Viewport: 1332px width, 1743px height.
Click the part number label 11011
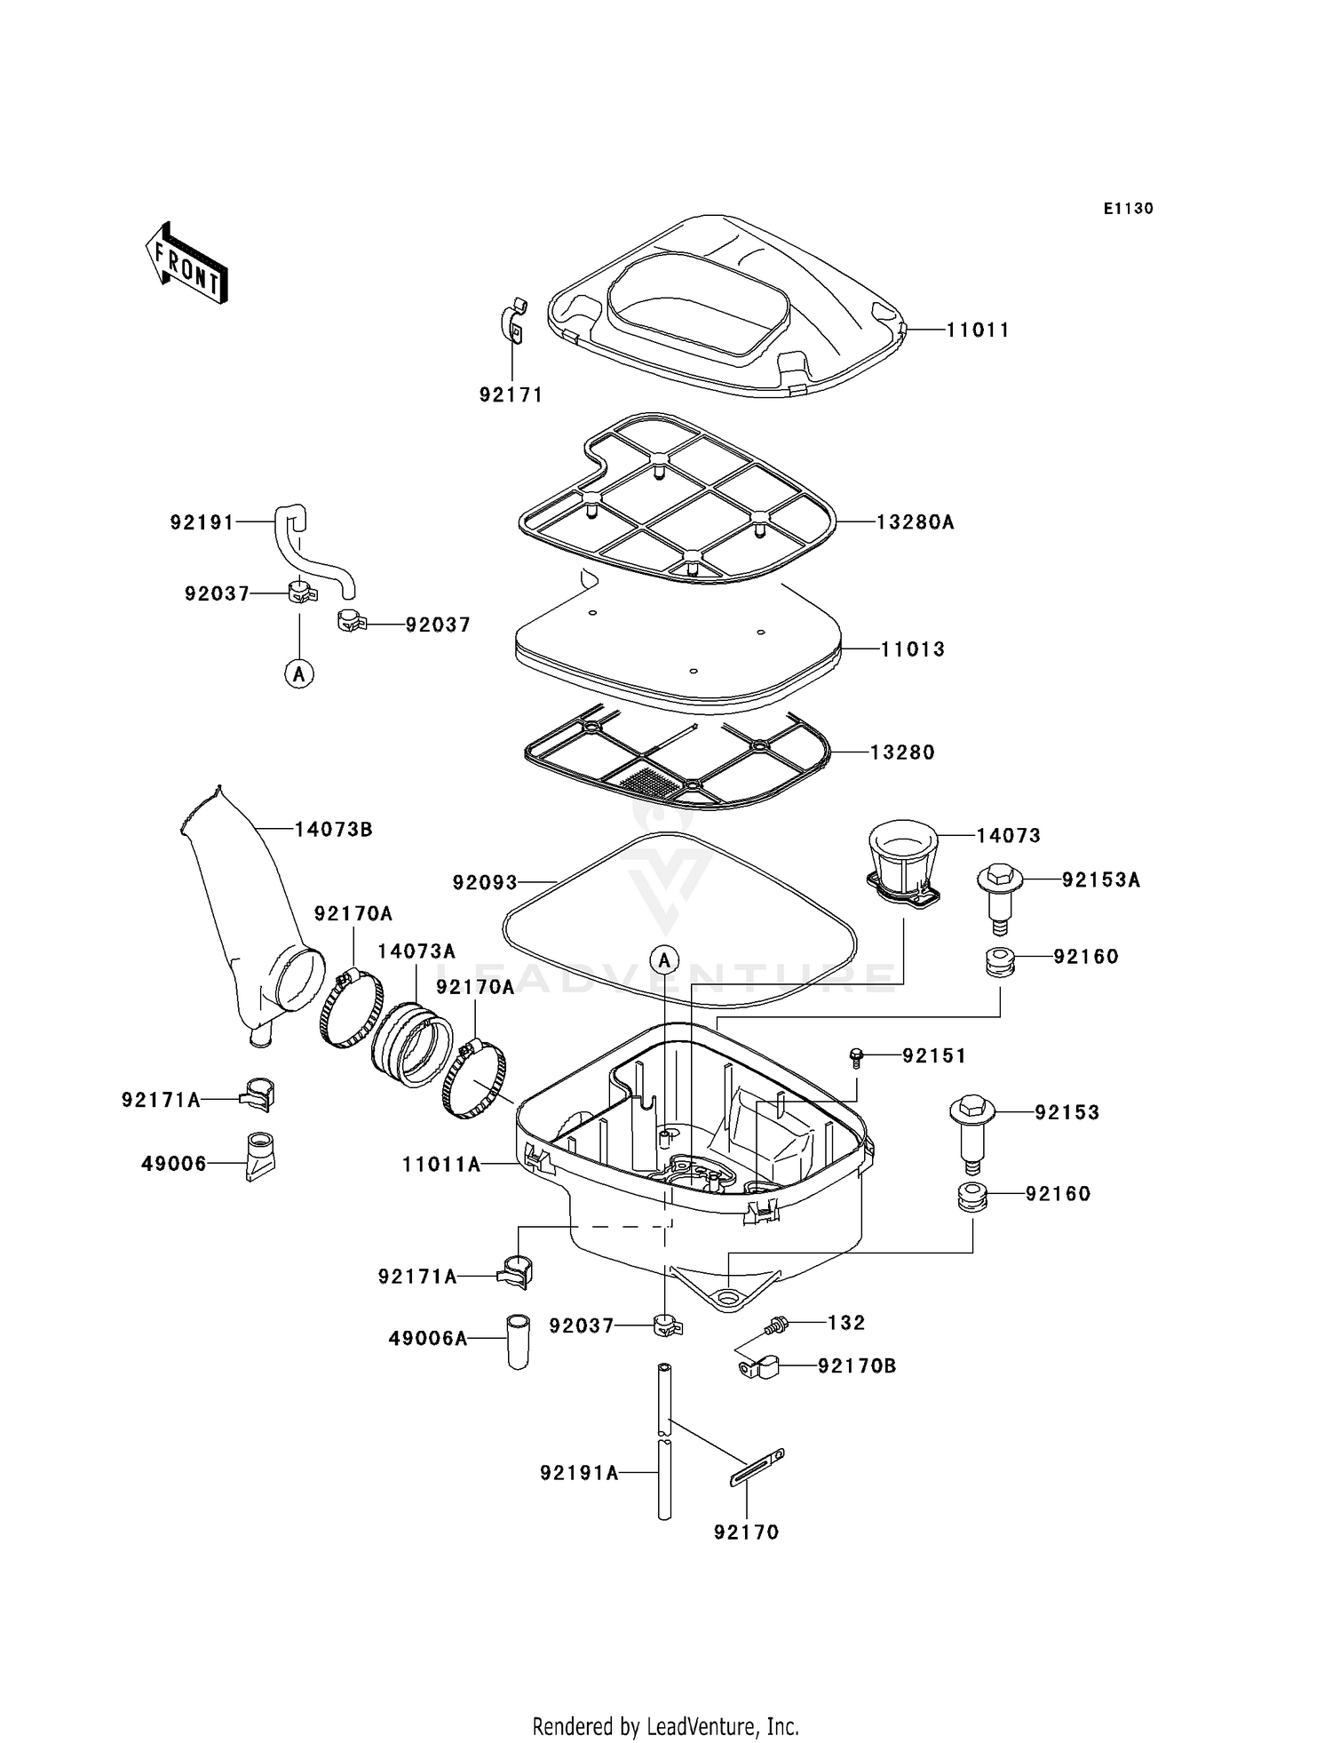click(x=978, y=330)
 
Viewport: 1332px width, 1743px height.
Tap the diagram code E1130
click(x=1128, y=209)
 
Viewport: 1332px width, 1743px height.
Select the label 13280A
click(x=915, y=522)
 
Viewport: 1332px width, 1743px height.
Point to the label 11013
click(x=913, y=649)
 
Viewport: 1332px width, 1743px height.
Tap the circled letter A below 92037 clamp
click(x=299, y=673)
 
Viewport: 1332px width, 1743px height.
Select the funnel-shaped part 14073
click(x=902, y=859)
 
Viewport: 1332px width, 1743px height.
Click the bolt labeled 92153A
click(x=1000, y=898)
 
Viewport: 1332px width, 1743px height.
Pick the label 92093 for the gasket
click(x=485, y=882)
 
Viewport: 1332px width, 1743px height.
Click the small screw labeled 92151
click(x=856, y=1056)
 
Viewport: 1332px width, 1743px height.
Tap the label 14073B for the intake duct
click(x=333, y=830)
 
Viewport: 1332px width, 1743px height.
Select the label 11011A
click(x=441, y=1164)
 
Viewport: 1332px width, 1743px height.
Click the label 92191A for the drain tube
click(x=579, y=1473)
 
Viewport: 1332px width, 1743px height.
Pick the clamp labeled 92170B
click(x=757, y=1366)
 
